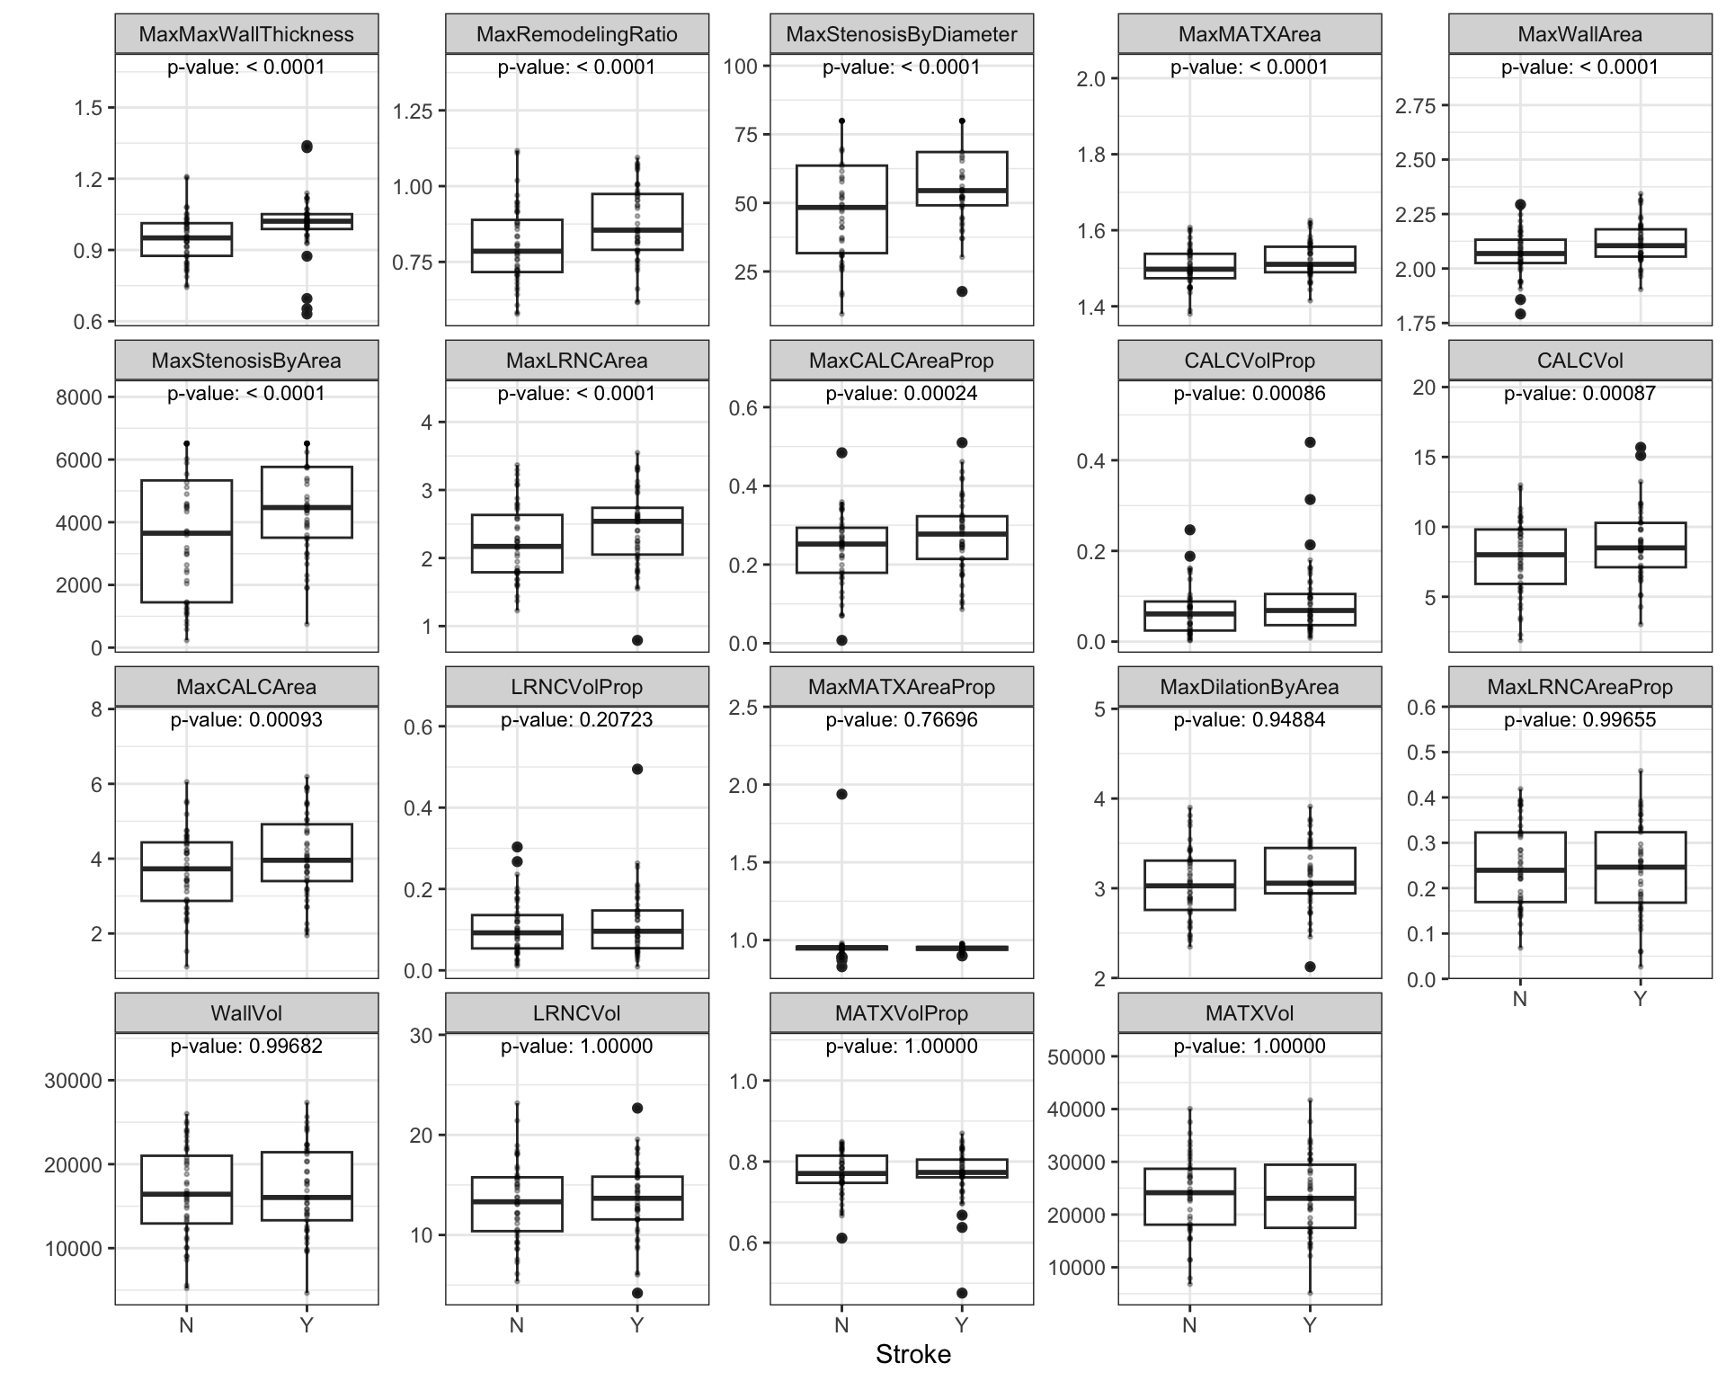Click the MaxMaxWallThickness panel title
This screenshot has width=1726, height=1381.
[x=246, y=34]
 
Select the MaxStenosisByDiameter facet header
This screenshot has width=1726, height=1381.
[x=902, y=34]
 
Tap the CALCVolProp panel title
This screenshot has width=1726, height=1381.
[x=1250, y=361]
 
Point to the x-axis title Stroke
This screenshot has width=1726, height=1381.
[x=912, y=1354]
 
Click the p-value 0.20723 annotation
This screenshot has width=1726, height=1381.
[x=576, y=719]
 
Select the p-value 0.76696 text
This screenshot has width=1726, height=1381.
[x=902, y=719]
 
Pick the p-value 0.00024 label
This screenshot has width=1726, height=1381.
[x=902, y=393]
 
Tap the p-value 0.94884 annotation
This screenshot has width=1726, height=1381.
[x=1250, y=719]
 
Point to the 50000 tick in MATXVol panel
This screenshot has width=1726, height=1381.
[x=1076, y=1056]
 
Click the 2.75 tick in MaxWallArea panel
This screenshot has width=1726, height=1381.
[x=1415, y=106]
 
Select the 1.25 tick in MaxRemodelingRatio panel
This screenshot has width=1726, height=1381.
[x=413, y=111]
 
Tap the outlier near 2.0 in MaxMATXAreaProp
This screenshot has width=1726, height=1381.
[x=841, y=794]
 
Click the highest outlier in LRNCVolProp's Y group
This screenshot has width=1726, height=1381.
[x=637, y=769]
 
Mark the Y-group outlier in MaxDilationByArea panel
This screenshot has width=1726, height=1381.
[x=1310, y=967]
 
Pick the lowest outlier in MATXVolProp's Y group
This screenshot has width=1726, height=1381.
[x=962, y=1293]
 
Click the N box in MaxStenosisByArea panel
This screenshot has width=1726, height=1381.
[x=187, y=541]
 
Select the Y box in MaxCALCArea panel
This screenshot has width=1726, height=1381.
[x=307, y=852]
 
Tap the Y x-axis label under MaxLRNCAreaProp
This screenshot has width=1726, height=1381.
[x=1640, y=999]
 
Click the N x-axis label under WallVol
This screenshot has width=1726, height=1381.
[x=187, y=1325]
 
